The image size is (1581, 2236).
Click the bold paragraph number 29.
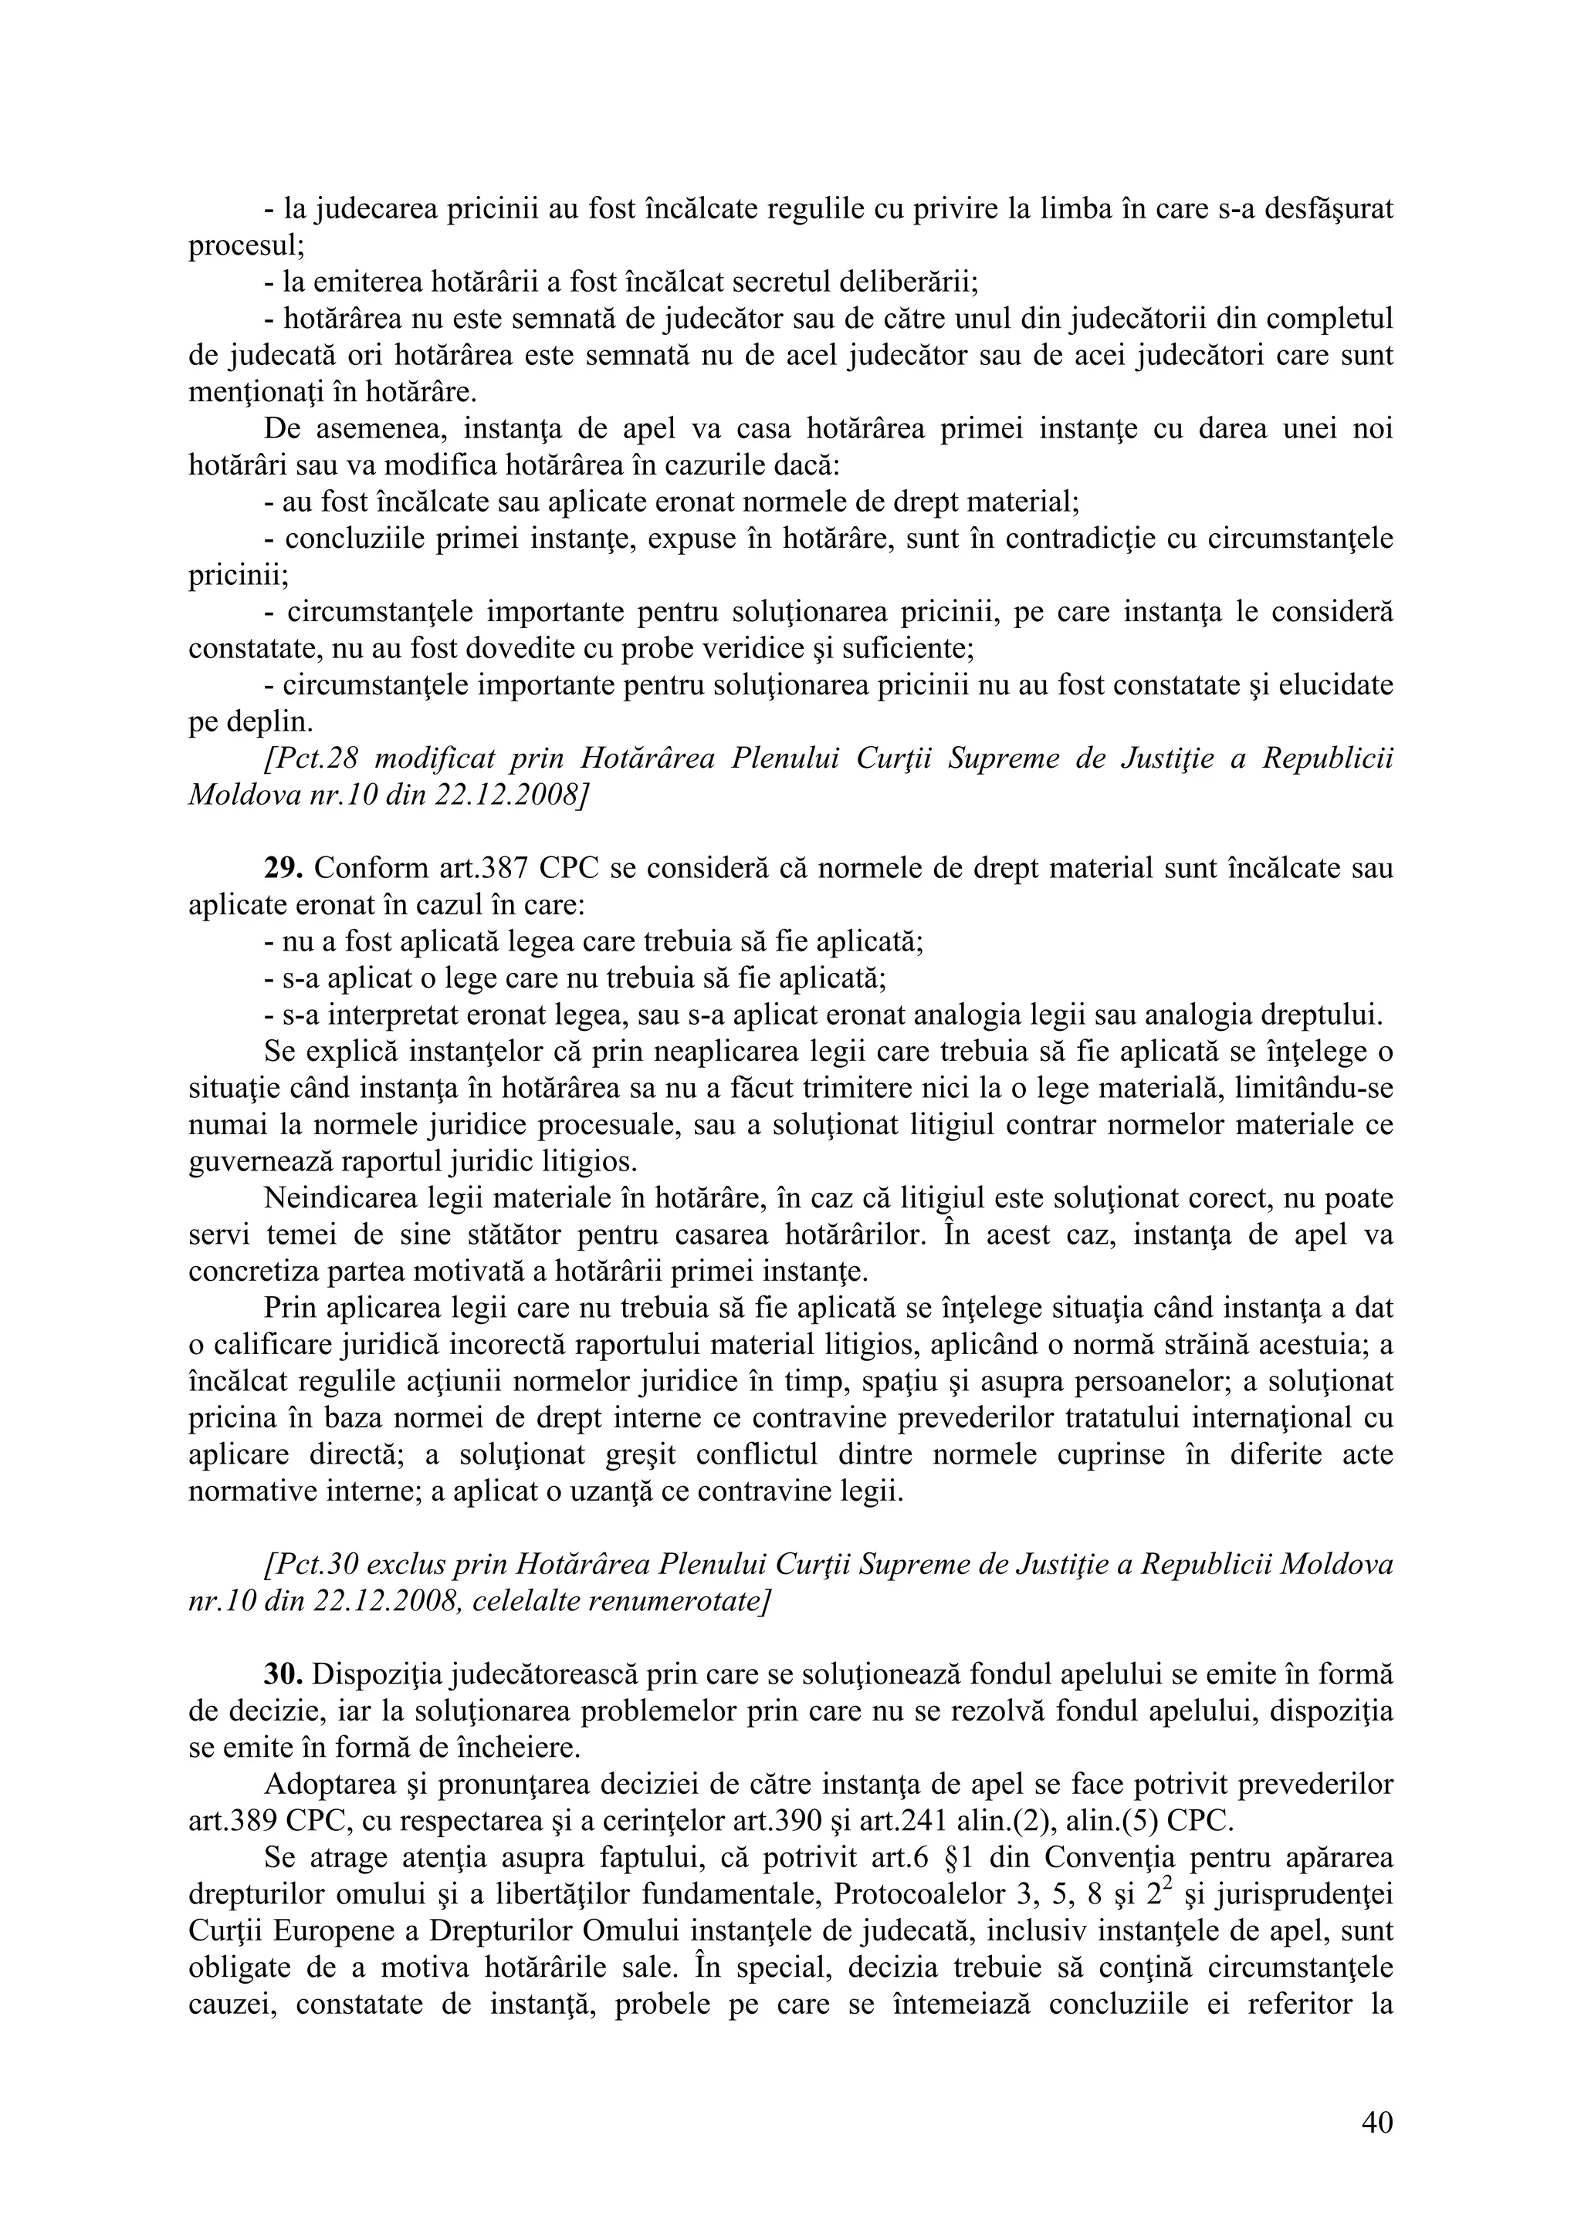[283, 868]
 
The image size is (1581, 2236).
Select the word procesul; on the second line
[246, 245]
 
